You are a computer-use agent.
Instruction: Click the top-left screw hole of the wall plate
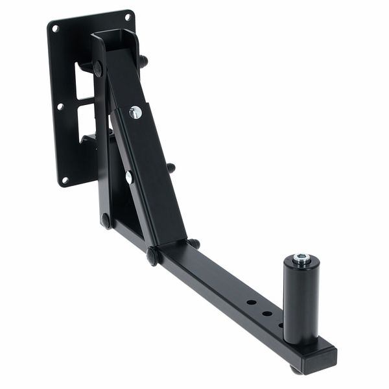coord(55,28)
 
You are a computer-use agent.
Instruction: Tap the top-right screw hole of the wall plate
coord(127,17)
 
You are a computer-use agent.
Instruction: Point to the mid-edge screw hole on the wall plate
coord(60,106)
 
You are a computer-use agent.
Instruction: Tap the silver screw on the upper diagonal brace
coord(135,112)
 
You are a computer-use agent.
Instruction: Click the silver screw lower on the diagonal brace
coord(130,176)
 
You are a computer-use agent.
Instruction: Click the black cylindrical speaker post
coord(300,298)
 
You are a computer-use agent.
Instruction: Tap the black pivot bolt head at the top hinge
coord(98,68)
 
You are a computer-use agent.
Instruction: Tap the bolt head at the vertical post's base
coord(105,220)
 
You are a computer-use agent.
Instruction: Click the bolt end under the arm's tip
coord(296,370)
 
